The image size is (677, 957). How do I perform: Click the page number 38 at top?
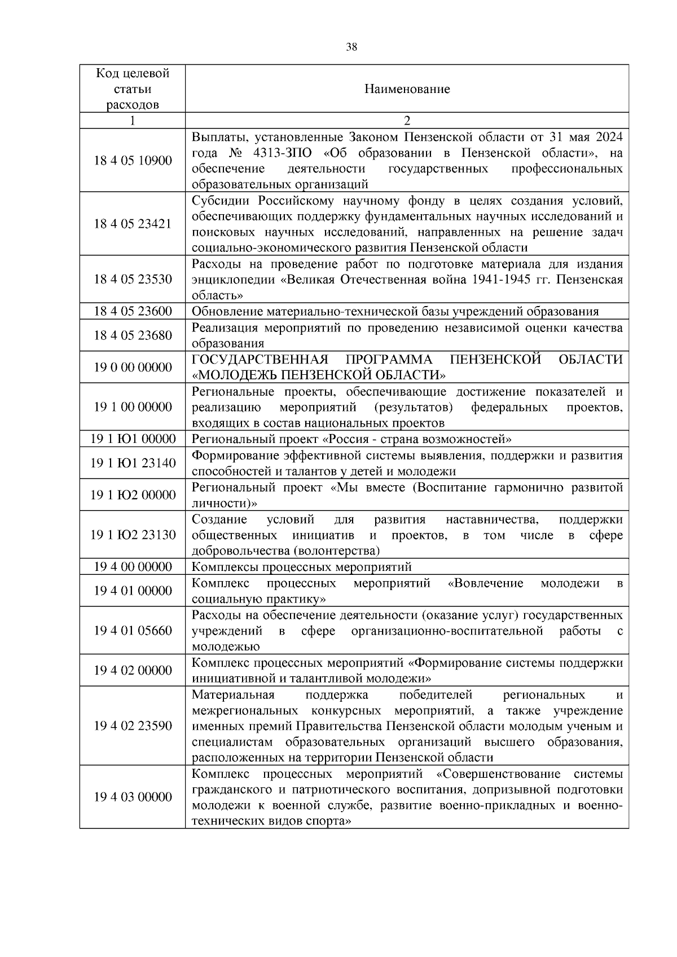click(351, 47)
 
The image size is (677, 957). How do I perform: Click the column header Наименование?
click(407, 89)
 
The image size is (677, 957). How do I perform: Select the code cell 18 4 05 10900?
click(133, 161)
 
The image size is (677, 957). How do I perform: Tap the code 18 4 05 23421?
click(133, 224)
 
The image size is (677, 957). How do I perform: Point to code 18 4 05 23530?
click(133, 280)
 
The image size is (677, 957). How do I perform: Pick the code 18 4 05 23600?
click(133, 312)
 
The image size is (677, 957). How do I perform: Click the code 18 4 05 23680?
click(133, 335)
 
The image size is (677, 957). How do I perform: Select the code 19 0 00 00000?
click(133, 367)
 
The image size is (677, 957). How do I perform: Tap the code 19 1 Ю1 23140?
click(133, 463)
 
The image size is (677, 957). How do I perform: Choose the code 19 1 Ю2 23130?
click(133, 535)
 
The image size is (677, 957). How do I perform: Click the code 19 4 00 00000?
click(133, 567)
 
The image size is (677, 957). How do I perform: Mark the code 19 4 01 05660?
click(133, 631)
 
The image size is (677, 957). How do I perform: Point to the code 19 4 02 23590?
click(133, 726)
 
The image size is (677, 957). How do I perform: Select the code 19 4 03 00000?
click(133, 797)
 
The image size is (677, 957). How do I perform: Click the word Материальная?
click(233, 695)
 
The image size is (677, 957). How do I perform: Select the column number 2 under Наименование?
click(407, 121)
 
